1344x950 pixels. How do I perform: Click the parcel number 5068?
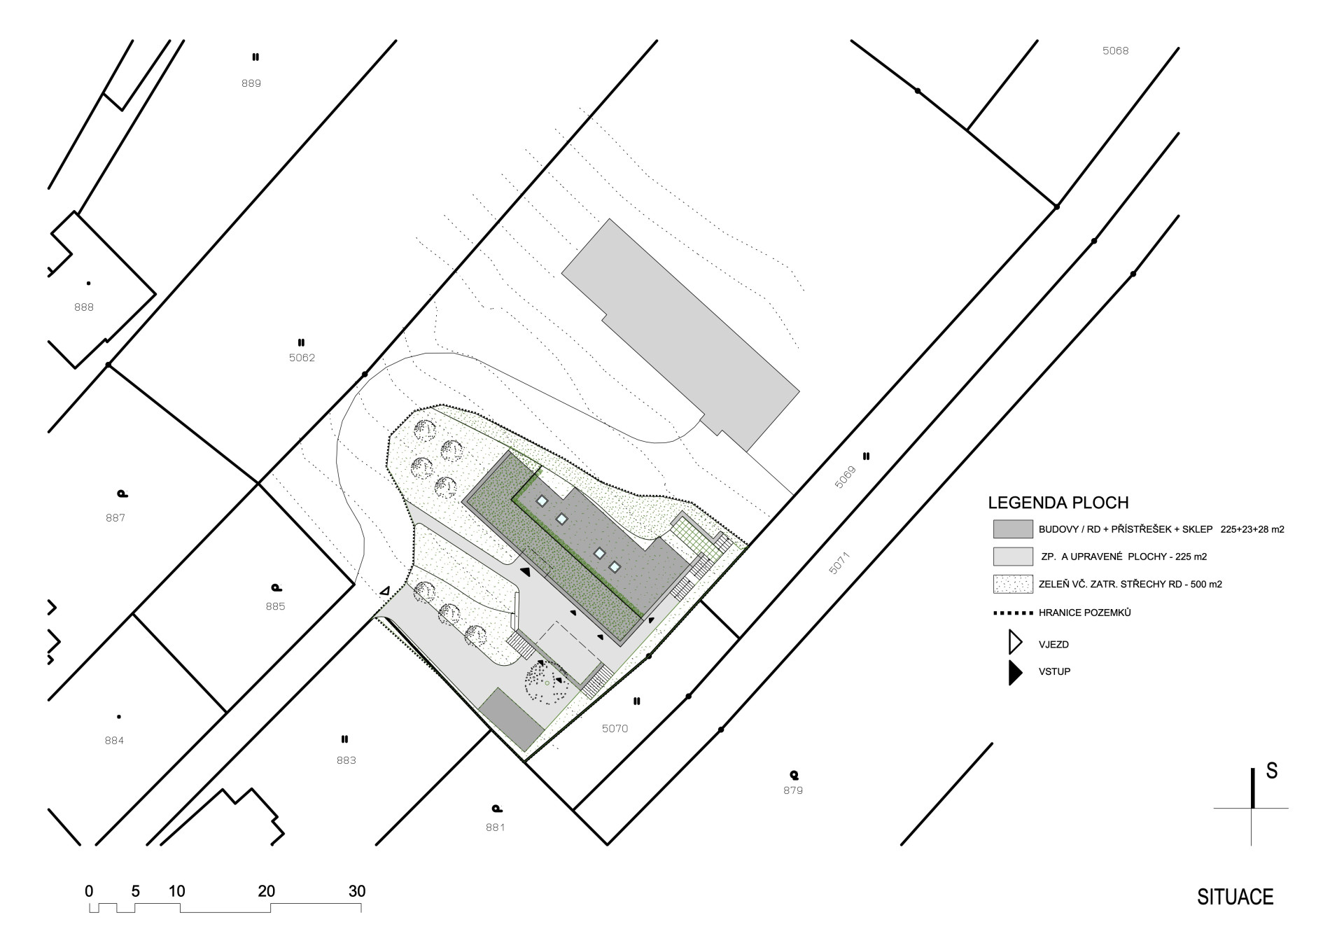pos(1115,50)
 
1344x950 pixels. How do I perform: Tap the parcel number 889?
pos(251,83)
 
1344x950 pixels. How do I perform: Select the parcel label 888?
pos(83,307)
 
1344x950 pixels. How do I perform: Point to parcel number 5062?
pos(302,358)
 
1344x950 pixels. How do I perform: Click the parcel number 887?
pos(115,518)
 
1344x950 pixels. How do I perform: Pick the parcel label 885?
pos(275,606)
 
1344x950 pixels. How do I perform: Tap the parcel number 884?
pos(114,741)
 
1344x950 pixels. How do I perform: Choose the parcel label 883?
pos(346,760)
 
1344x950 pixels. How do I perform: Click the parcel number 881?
pos(495,827)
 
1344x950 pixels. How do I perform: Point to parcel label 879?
pos(793,790)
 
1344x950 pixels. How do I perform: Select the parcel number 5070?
pos(615,729)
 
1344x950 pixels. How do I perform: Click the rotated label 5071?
pos(838,564)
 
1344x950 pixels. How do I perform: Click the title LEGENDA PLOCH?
pos(1058,503)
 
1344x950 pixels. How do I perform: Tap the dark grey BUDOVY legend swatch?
pos(1013,529)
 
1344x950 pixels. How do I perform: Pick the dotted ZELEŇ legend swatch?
pos(1013,584)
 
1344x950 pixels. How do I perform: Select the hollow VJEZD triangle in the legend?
pos(1014,643)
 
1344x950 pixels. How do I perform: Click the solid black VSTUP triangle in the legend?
pos(1014,673)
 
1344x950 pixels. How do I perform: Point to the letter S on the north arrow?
pos(1271,771)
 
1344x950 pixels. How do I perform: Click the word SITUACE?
pos(1235,897)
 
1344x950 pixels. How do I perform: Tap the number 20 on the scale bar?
pos(266,891)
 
